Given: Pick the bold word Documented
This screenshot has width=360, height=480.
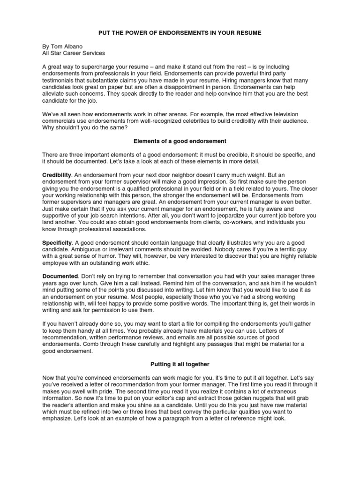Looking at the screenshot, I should tap(60, 276).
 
